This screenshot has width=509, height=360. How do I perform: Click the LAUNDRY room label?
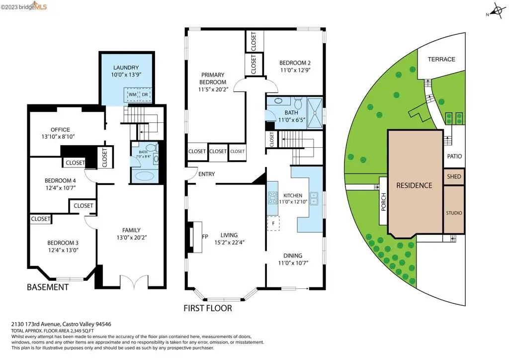[126, 68]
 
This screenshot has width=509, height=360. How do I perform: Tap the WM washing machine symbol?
[132, 94]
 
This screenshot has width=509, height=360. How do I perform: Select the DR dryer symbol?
[145, 94]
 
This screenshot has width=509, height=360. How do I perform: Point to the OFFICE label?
[60, 129]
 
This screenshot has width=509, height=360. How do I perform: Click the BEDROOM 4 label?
[60, 180]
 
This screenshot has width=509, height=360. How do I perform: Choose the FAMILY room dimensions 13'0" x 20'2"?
[131, 238]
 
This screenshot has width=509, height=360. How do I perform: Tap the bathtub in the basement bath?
[145, 176]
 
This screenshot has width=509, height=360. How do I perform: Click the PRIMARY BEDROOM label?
[213, 78]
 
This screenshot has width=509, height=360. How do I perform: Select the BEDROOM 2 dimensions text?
[295, 70]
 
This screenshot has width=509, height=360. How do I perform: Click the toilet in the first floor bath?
[298, 104]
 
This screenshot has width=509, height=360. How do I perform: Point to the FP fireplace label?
[205, 237]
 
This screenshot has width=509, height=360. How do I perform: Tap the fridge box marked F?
[273, 224]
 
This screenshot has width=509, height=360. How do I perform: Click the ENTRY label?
[206, 174]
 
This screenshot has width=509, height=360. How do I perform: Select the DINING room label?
[293, 256]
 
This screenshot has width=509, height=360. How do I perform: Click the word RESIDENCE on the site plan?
[414, 185]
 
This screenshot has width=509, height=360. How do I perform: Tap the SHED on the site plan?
[454, 177]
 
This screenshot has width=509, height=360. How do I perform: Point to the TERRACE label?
[441, 59]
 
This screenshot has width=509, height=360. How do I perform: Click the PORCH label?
[384, 202]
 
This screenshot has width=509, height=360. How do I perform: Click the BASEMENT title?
[48, 287]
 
